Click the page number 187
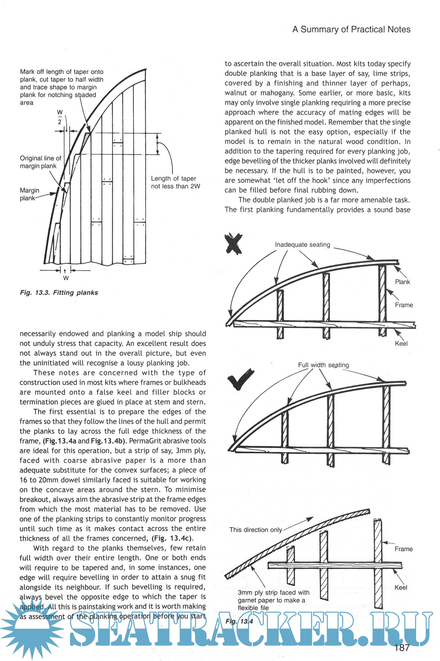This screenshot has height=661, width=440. (402, 648)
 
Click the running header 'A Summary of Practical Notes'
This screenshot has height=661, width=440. (351, 29)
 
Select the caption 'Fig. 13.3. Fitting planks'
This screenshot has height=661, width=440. (59, 293)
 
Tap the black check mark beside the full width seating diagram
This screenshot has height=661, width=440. (240, 378)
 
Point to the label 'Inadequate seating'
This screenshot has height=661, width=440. (302, 245)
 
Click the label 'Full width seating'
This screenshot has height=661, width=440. (323, 365)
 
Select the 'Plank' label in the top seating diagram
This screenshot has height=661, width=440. (402, 282)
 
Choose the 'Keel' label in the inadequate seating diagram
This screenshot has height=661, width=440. (401, 343)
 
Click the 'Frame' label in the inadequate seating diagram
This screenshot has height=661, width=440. (404, 305)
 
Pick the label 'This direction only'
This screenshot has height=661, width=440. (256, 530)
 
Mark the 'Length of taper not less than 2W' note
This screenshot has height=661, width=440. (175, 182)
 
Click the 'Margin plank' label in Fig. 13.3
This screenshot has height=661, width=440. (29, 194)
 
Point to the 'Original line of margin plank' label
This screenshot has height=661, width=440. (40, 162)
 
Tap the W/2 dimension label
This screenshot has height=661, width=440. (60, 117)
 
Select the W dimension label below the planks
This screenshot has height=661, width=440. (66, 277)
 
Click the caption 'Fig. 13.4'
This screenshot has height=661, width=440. (239, 622)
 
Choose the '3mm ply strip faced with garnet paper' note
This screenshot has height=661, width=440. (273, 600)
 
